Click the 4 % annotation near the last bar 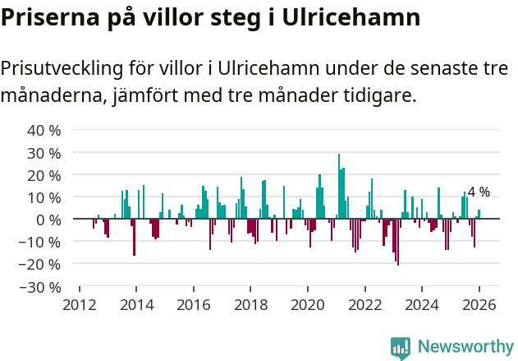click(x=479, y=192)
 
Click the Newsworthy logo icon click(x=401, y=348)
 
